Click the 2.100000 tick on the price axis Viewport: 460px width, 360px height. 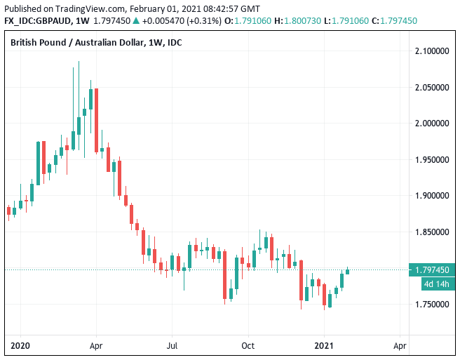pos(433,51)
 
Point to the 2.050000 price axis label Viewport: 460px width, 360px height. pos(433,88)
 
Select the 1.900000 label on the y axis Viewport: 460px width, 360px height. pos(433,196)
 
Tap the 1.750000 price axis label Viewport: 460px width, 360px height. pos(433,305)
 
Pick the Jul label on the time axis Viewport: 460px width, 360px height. pos(172,346)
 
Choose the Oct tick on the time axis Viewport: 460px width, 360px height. pos(247,346)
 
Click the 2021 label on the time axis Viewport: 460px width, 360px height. pos(323,346)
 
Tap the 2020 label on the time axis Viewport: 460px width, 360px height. pos(20,346)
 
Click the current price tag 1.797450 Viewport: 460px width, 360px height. pos(432,270)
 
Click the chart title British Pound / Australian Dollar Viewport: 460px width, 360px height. pos(77,43)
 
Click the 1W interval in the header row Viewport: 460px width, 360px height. pos(83,21)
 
